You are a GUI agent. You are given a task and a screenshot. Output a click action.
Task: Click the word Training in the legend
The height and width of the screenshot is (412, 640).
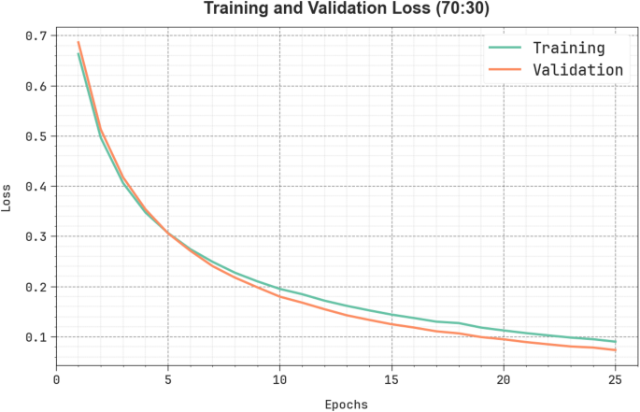click(568, 48)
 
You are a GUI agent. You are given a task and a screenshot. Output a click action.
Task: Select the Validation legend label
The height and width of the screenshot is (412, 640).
click(576, 69)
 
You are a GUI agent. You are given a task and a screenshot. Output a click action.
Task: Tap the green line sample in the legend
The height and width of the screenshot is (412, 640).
click(505, 48)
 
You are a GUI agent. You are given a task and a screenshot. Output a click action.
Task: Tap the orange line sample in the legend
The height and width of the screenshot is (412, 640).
click(505, 69)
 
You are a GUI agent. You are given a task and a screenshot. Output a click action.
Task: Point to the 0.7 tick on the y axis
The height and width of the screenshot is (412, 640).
click(36, 36)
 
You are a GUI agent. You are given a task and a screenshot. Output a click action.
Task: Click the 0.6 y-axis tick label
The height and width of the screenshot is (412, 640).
click(36, 86)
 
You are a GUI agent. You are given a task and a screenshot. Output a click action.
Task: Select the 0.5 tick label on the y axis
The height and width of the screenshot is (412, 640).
click(36, 136)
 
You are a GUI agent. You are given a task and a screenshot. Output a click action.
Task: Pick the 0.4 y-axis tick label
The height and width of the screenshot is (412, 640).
click(36, 187)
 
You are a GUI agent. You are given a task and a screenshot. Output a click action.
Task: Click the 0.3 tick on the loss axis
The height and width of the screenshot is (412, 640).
click(36, 236)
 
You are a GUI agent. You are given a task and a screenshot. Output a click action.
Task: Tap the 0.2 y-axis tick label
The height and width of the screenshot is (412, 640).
click(36, 287)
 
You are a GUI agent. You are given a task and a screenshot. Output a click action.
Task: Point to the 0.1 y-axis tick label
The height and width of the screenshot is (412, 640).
click(36, 337)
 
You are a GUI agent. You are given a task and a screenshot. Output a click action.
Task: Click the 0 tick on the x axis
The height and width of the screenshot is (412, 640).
click(56, 380)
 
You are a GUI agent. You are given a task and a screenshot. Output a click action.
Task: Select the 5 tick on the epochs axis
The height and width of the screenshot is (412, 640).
click(168, 380)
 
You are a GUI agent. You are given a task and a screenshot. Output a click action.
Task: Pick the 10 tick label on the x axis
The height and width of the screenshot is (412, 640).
click(279, 380)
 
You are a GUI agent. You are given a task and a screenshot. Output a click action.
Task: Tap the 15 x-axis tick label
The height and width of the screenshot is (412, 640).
click(391, 380)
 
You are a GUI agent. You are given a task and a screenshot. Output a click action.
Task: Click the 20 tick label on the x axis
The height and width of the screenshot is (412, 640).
click(504, 380)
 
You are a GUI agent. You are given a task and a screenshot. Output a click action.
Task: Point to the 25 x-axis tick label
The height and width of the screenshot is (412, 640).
click(615, 380)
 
